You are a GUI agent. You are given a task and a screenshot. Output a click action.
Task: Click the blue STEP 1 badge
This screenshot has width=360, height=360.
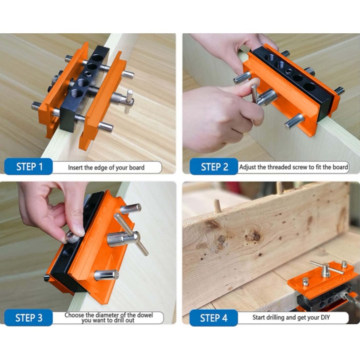click(29, 166)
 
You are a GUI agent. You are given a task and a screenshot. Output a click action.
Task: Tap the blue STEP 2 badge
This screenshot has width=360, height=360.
click(214, 166)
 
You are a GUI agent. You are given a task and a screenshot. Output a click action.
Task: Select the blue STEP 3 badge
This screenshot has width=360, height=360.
click(29, 318)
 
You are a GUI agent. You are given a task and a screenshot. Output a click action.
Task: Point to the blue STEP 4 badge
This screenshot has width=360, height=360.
click(213, 318)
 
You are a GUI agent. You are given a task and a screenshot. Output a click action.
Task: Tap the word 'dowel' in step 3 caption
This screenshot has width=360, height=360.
click(145, 315)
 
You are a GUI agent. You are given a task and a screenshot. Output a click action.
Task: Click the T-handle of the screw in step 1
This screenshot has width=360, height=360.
click(128, 101)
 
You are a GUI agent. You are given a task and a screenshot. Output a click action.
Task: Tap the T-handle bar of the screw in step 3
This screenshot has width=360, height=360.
click(131, 235)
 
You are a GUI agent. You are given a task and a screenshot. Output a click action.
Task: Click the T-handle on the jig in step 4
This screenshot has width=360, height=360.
click(326, 268)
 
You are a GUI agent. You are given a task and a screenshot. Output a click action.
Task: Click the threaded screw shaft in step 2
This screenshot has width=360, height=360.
click(267, 97)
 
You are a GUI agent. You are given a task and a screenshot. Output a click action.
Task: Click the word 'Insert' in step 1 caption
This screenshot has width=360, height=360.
click(75, 168)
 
